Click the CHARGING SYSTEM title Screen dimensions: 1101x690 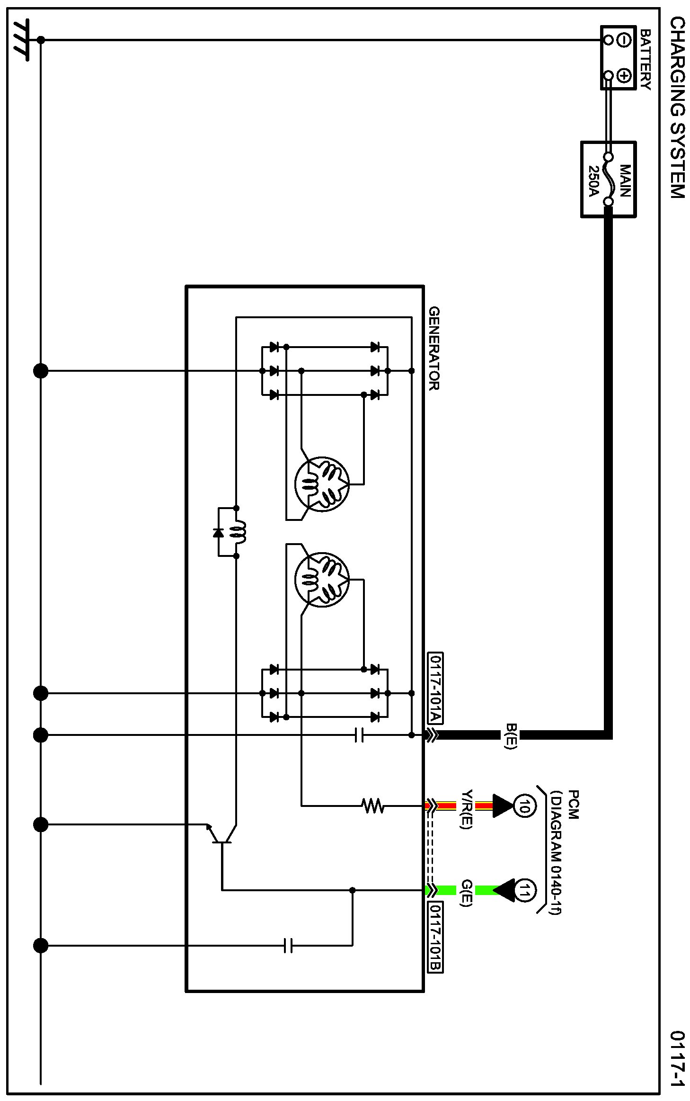click(x=677, y=107)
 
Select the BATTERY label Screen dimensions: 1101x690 click(x=645, y=60)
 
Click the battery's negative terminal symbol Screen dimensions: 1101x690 click(x=624, y=41)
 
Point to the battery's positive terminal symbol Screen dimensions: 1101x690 click(x=624, y=76)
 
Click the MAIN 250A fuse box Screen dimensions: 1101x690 click(x=608, y=179)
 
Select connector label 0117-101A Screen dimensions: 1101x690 click(x=435, y=689)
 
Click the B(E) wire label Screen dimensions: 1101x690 click(x=511, y=735)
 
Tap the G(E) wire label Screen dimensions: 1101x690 click(x=467, y=893)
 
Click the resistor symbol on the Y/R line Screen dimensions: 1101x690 click(x=372, y=806)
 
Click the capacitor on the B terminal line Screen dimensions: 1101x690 click(x=359, y=735)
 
